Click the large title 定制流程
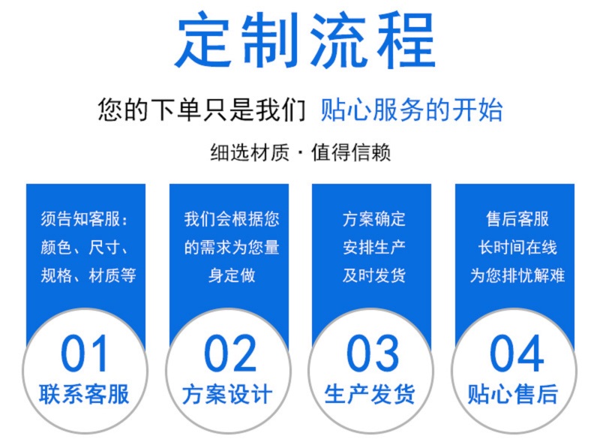pyautogui.click(x=305, y=40)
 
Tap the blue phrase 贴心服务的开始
pyautogui.click(x=411, y=110)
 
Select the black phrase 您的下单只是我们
pyautogui.click(x=202, y=110)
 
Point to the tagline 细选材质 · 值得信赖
pyautogui.click(x=301, y=152)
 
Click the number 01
pyautogui.click(x=84, y=353)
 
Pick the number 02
pyautogui.click(x=230, y=353)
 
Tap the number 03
pyautogui.click(x=373, y=353)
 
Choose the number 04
pyautogui.click(x=517, y=353)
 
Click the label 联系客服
pyautogui.click(x=84, y=394)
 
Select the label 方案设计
pyautogui.click(x=228, y=394)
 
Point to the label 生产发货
pyautogui.click(x=370, y=394)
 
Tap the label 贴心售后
pyautogui.click(x=513, y=394)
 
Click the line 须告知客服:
pyautogui.click(x=84, y=219)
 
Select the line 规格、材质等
pyautogui.click(x=88, y=275)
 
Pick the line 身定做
pyautogui.click(x=232, y=275)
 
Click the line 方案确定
pyautogui.click(x=374, y=219)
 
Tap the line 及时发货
pyautogui.click(x=374, y=275)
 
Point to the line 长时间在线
pyautogui.click(x=517, y=248)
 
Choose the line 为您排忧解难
pyautogui.click(x=517, y=275)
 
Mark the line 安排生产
pyautogui.click(x=374, y=248)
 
